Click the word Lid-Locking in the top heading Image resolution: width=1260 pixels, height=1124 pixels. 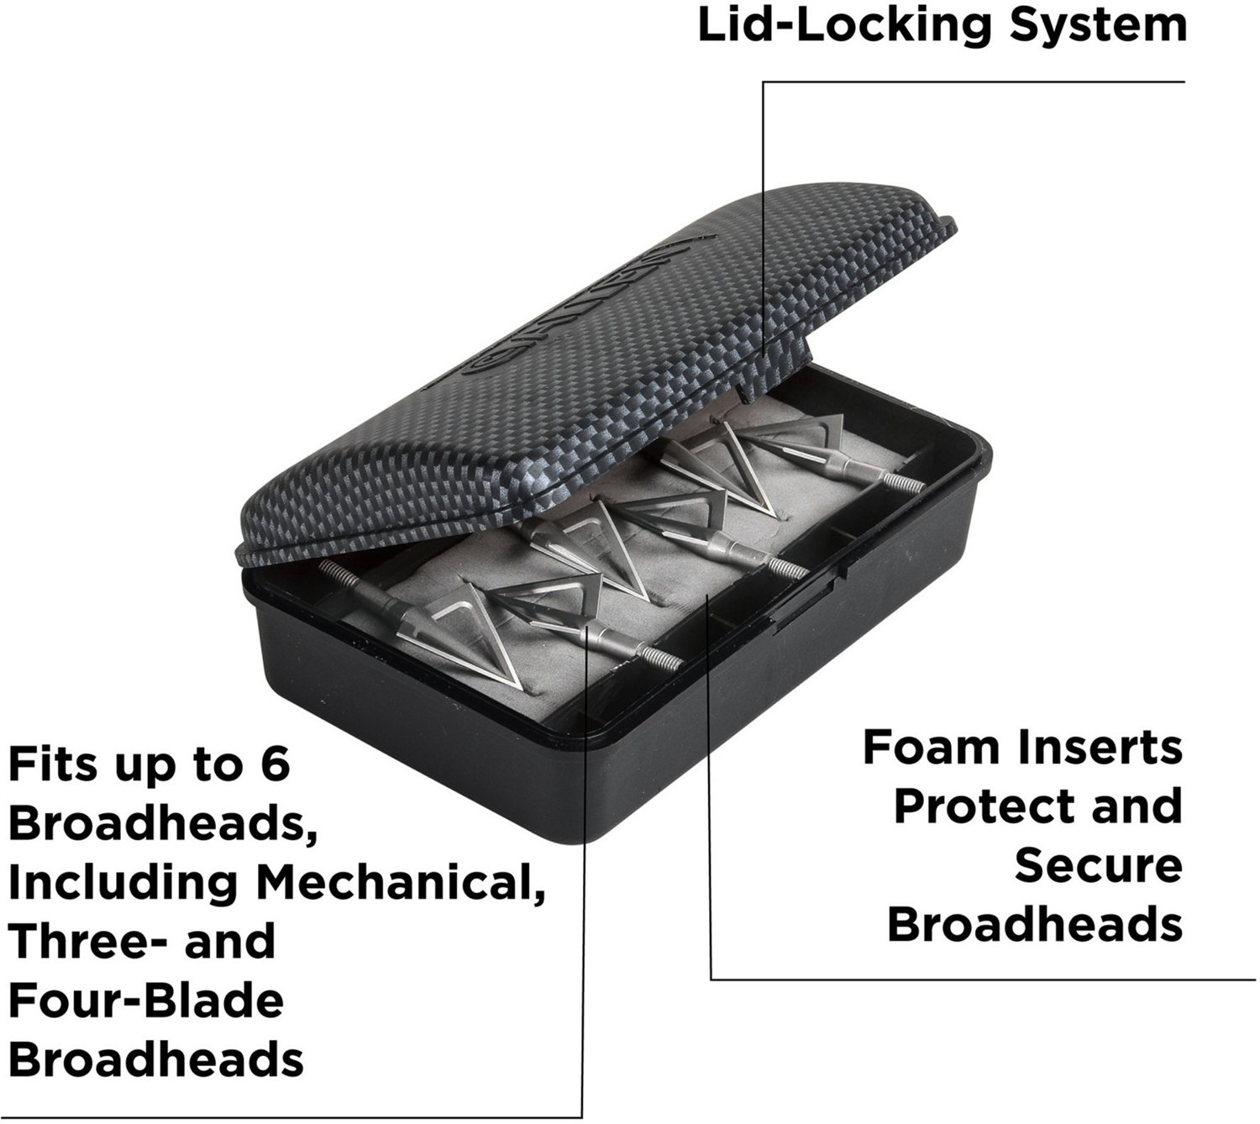click(x=844, y=27)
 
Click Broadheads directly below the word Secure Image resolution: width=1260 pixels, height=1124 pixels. click(x=1035, y=925)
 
